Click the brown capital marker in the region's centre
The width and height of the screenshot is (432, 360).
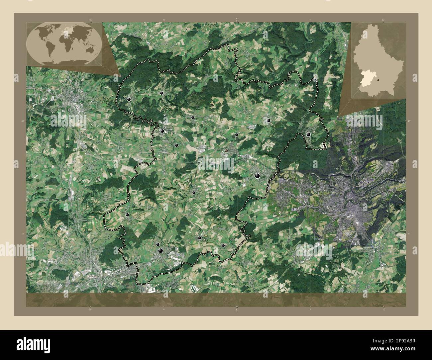[226, 150]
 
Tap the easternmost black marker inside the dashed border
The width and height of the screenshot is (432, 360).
[309, 135]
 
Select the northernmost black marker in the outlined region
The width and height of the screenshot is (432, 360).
[161, 93]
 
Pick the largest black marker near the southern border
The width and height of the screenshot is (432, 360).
[161, 250]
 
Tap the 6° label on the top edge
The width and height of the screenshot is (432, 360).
[237, 20]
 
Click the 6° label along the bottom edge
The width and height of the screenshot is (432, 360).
[237, 310]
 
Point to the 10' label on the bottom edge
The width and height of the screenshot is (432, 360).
[383, 310]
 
